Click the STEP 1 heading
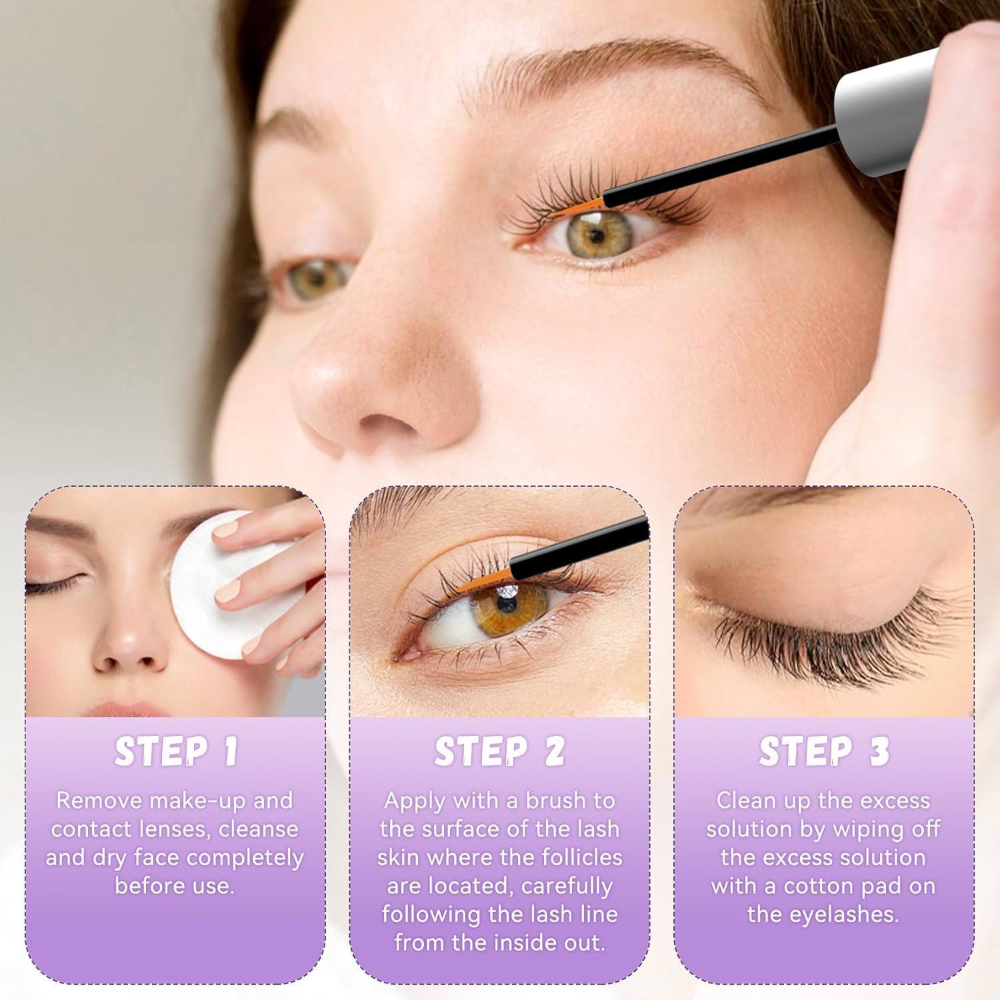pyautogui.click(x=175, y=751)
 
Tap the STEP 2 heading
pyautogui.click(x=499, y=751)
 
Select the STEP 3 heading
pyautogui.click(x=824, y=751)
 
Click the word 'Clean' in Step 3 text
pyautogui.click(x=747, y=800)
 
